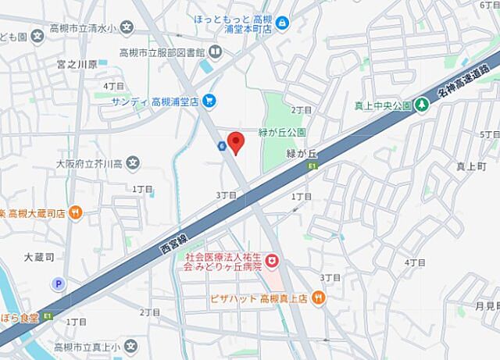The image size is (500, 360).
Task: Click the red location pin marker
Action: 236,141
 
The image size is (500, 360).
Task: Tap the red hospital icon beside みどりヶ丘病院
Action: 272,258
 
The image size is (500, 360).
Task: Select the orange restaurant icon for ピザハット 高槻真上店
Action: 318,298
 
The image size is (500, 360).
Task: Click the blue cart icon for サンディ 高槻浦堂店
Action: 209,101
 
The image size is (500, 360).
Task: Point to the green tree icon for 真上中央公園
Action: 421,102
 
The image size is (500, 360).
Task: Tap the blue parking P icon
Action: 56,284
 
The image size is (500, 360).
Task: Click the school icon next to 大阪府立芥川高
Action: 134,164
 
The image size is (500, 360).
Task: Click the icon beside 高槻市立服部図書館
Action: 216,52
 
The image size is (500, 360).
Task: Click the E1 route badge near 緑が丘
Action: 312,166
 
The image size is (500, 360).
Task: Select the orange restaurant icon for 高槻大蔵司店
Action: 75,212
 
